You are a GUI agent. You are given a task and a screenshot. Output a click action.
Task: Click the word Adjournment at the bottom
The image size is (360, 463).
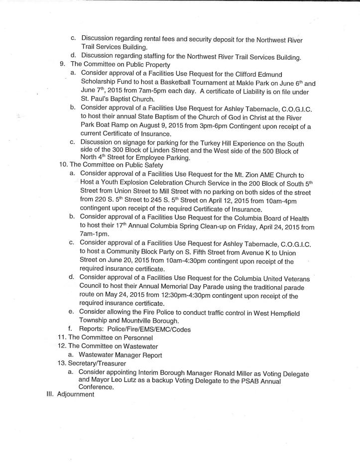[75, 394]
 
